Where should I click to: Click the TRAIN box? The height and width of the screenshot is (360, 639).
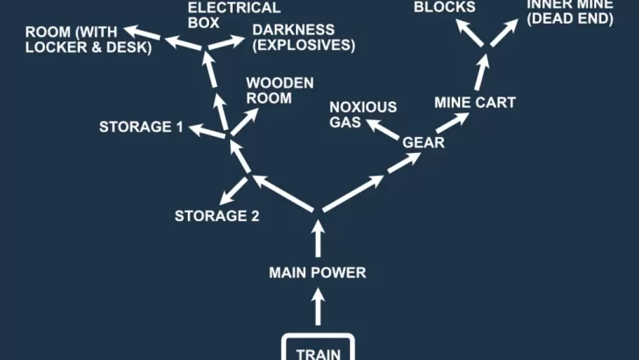click(x=318, y=349)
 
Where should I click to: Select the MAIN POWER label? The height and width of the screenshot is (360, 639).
click(x=317, y=273)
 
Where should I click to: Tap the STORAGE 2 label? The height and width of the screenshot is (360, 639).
click(x=217, y=216)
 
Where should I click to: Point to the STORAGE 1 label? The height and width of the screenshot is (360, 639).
click(x=140, y=127)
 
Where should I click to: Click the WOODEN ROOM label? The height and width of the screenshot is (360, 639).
click(x=269, y=90)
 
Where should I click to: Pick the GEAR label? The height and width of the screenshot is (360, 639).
click(x=424, y=142)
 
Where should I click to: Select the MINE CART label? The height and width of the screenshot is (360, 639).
click(x=475, y=103)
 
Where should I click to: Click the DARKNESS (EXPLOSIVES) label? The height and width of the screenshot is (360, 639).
click(x=303, y=38)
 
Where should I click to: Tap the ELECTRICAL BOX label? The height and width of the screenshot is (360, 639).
click(x=222, y=15)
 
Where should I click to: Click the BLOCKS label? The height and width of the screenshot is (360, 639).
click(x=445, y=7)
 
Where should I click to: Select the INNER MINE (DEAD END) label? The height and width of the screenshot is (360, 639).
click(x=570, y=11)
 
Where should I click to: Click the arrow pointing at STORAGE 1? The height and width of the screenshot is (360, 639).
click(x=206, y=132)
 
